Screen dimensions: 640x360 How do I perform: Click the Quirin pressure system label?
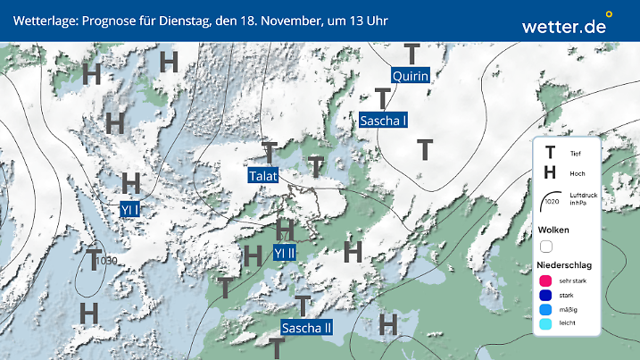click(411, 75)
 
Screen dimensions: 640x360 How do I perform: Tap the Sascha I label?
click(384, 120)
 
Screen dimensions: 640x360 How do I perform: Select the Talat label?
click(263, 175)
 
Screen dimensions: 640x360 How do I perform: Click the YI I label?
click(131, 209)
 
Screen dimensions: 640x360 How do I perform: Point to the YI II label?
click(285, 253)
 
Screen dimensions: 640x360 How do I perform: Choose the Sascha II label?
click(306, 328)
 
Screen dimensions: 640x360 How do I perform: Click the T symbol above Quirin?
click(411, 54)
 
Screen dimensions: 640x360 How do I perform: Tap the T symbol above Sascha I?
click(383, 98)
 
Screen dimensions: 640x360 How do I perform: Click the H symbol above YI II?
click(286, 230)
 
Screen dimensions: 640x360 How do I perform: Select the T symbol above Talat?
click(270, 152)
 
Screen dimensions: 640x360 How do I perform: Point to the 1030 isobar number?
click(108, 261)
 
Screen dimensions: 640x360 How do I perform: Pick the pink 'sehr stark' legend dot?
click(545, 280)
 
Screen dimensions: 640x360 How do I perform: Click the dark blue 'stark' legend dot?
click(545, 295)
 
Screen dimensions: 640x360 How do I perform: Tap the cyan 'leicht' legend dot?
click(545, 325)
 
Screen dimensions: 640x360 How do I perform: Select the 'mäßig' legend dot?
click(545, 310)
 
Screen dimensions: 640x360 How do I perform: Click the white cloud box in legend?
click(546, 246)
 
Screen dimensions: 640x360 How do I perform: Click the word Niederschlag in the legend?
click(565, 265)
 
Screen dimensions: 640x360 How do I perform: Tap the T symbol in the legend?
click(550, 154)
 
